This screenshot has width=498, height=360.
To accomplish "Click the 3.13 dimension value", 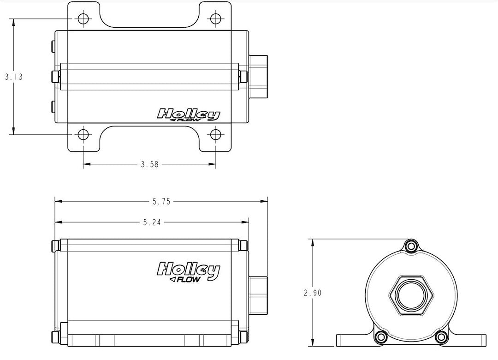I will coord(13,77).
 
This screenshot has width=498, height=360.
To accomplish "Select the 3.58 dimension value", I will coord(149,164).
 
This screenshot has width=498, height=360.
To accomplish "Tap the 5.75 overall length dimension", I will coord(161,201).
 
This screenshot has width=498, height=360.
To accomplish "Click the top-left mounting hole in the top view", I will coord(83,19).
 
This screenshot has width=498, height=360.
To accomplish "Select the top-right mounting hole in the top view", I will coord(216,19).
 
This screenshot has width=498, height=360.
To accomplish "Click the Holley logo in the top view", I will coord(189,114).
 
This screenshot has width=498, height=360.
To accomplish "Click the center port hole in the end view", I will coord(410,294).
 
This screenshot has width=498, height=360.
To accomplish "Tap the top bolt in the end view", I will coord(410,247).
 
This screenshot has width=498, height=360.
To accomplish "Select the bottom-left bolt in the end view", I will coord(381,337).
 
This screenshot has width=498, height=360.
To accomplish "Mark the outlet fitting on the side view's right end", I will coord(258,294).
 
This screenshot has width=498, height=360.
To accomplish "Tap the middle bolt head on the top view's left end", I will coord(55,76).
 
